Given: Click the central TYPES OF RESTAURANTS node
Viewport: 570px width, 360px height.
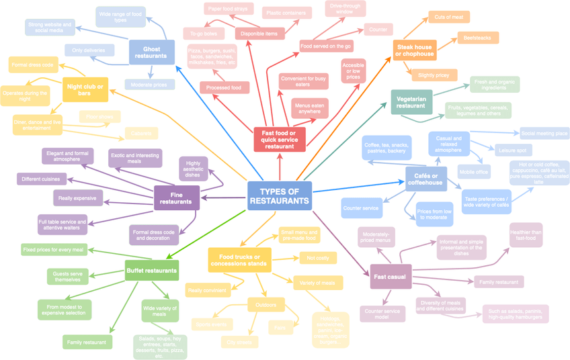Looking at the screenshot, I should coord(280,195).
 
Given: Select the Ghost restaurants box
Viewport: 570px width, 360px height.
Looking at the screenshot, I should coord(151,52).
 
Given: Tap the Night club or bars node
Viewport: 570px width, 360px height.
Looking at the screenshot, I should coord(85,89).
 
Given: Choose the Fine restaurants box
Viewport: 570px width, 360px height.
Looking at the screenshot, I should coord(176,197).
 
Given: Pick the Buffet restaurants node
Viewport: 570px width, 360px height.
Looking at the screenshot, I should coord(152,271).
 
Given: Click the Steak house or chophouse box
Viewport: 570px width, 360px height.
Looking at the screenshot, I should coord(414,50).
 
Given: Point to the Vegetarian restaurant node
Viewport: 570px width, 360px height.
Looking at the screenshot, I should coord(411,102).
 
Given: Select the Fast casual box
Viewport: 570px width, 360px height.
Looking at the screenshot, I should coord(391,277).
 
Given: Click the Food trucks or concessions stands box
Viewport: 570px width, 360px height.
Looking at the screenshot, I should coord(239,259).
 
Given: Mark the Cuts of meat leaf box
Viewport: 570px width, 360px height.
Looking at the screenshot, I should coord(448,17).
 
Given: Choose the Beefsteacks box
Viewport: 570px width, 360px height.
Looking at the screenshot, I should coord(478,38).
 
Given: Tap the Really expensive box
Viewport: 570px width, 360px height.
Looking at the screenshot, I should coord(78,197).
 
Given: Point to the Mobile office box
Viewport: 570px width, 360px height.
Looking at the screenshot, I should coord(474,172).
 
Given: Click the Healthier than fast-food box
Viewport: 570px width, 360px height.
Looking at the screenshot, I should coord(526,234).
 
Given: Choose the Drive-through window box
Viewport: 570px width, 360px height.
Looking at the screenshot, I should coord(345,8).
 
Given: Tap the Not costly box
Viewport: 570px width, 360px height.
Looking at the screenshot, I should coord(317,258).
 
